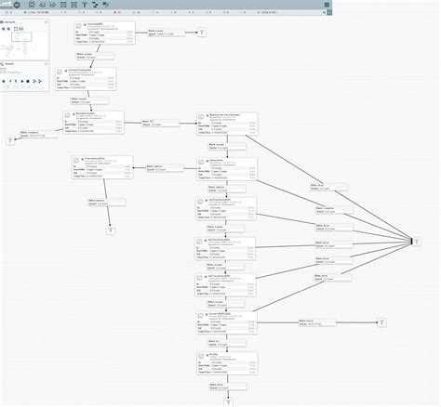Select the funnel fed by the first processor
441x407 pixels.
(x=204, y=33)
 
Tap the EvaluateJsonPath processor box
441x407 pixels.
(x=102, y=167)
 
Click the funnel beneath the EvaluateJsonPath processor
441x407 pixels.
(x=110, y=230)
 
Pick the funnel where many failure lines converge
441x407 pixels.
(x=418, y=242)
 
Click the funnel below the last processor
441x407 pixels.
(x=226, y=402)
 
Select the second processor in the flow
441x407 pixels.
(x=90, y=79)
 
